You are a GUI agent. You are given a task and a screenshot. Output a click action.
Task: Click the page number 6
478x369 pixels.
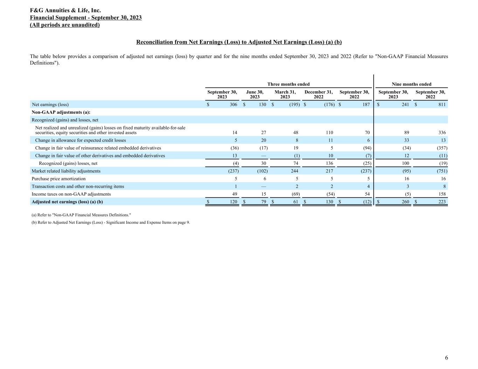tap(446, 358)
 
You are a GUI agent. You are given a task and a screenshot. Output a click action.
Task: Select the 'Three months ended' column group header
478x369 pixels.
tap(288, 84)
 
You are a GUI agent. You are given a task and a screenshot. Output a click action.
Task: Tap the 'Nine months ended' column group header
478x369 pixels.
tap(411, 84)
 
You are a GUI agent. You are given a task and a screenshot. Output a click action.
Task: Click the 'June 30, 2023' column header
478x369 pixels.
tap(255, 94)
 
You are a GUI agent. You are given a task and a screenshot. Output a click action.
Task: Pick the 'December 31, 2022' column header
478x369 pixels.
tap(319, 94)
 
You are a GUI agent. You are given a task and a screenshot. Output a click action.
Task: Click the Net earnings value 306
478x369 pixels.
tap(234, 105)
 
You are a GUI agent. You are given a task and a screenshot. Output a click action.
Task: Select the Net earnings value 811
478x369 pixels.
tap(442, 105)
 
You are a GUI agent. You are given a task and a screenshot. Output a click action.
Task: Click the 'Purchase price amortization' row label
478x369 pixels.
tap(58, 179)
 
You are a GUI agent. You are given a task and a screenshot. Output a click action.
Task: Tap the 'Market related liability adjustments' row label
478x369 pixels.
tap(66, 171)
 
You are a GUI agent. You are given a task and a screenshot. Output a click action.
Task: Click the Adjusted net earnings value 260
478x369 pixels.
tap(406, 202)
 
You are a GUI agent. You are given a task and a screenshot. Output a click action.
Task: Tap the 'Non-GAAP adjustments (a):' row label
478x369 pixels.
tap(61, 112)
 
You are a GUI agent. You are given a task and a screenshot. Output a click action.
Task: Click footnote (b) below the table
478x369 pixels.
tap(111, 222)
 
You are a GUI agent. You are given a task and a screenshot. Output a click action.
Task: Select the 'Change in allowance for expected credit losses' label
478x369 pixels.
tap(81, 140)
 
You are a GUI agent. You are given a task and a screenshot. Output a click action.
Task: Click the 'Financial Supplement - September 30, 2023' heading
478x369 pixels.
tap(86, 18)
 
